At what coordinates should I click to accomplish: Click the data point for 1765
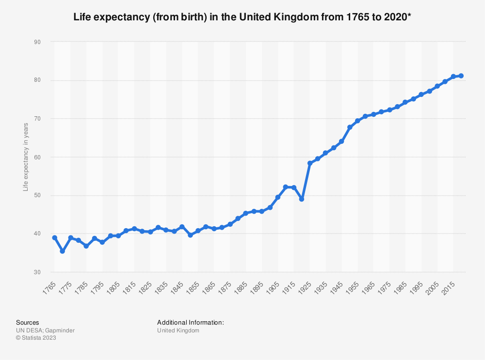point(54,238)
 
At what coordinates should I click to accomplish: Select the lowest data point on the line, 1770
point(63,251)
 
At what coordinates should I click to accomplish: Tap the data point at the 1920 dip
point(302,199)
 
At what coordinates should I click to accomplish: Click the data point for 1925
point(310,163)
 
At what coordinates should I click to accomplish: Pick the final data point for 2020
point(461,76)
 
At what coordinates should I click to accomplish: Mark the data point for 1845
point(182,227)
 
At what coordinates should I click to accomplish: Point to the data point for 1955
point(357,121)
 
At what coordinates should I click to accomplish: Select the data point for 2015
point(453,77)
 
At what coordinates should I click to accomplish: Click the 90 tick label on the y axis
point(37,42)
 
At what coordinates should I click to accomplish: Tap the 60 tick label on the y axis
point(37,157)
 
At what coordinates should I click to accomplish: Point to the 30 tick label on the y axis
point(37,272)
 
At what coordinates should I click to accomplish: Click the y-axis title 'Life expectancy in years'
point(26,157)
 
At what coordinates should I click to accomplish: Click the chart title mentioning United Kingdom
point(242,18)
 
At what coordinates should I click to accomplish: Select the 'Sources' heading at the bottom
point(28,322)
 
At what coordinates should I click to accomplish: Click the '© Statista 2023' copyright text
point(36,338)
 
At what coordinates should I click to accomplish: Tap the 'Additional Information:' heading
point(190,322)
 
